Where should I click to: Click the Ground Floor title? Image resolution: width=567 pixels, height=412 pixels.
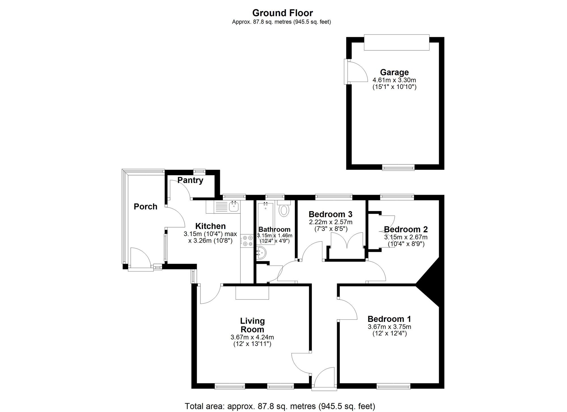tap(282, 13)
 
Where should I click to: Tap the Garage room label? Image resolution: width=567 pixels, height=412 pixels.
tap(394, 72)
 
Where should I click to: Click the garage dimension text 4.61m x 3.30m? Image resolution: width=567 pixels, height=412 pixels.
tap(394, 80)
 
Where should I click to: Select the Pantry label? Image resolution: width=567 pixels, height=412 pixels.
tap(190, 180)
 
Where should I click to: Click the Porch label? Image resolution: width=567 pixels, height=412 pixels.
tap(145, 207)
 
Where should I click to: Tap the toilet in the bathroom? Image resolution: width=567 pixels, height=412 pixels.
tap(284, 210)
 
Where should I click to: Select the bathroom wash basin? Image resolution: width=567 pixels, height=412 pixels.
tap(261, 253)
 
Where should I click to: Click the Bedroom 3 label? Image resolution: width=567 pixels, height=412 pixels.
tap(330, 214)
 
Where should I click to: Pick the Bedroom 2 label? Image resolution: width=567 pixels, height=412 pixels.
tap(406, 229)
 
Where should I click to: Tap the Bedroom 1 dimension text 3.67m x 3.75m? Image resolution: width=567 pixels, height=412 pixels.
tap(389, 327)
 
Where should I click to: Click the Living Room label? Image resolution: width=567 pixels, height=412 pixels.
tap(252, 325)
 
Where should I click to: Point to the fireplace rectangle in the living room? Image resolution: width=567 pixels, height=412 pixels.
tap(252, 292)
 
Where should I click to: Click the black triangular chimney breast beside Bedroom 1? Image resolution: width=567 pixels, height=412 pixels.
tap(431, 283)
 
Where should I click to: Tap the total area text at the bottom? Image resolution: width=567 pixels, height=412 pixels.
tap(280, 406)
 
